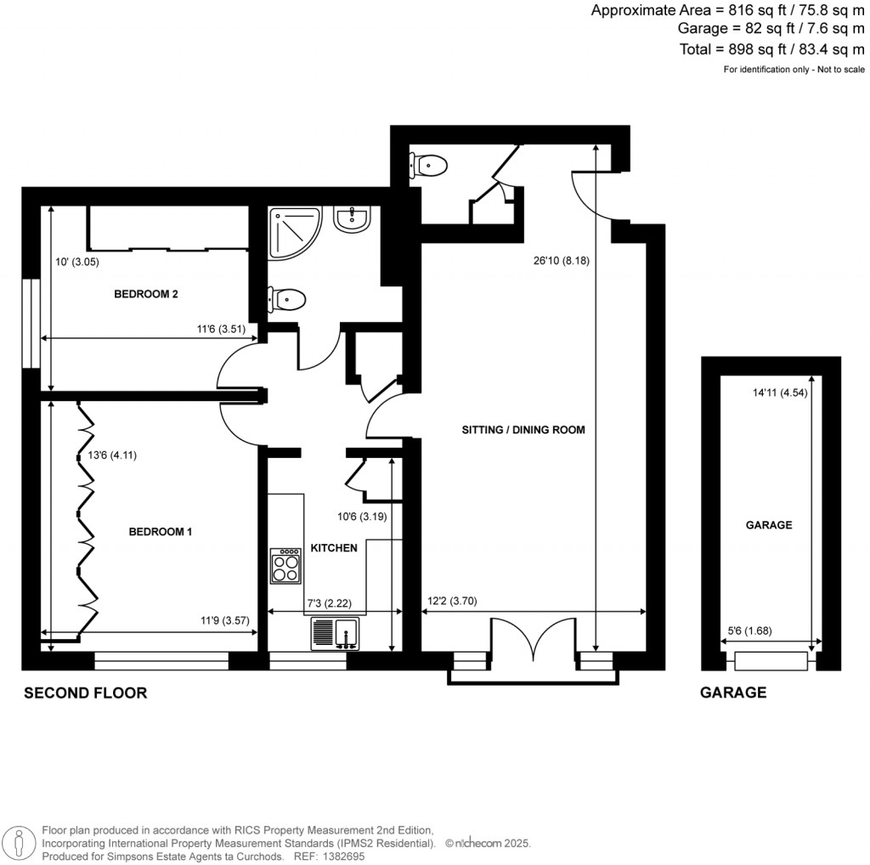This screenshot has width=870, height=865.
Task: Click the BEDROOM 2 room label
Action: click(145, 295)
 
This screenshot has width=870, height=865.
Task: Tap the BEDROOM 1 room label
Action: click(161, 532)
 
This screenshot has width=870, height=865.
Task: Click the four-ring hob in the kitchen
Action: click(285, 565)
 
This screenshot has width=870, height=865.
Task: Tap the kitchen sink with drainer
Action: click(335, 633)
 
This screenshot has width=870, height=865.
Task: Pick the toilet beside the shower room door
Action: click(286, 299)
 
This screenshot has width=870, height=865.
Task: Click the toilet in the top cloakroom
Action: click(427, 164)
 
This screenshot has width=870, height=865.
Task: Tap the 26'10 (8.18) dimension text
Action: click(556, 261)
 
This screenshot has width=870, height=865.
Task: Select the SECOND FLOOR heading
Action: click(85, 693)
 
